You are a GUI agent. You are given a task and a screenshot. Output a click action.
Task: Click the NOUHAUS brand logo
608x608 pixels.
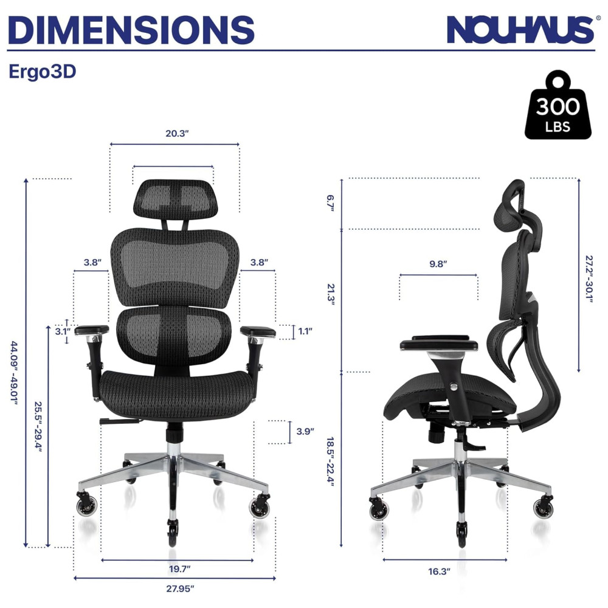point(520,30)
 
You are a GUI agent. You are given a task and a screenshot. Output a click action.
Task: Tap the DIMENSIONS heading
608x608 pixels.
point(131,30)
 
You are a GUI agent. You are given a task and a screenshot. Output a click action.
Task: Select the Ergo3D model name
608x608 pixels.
point(43,72)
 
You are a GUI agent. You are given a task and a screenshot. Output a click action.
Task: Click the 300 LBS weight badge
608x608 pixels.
point(558,105)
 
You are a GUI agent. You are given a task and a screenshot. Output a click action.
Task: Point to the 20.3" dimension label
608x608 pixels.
point(177,133)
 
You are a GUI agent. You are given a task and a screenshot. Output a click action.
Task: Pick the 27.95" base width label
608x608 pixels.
point(180,589)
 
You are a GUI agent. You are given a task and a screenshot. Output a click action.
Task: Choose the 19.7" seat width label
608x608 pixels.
point(180,569)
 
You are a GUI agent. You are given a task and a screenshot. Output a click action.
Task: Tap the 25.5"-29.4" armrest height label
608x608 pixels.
point(38,427)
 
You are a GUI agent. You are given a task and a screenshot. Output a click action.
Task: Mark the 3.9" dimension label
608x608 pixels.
point(305,431)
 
